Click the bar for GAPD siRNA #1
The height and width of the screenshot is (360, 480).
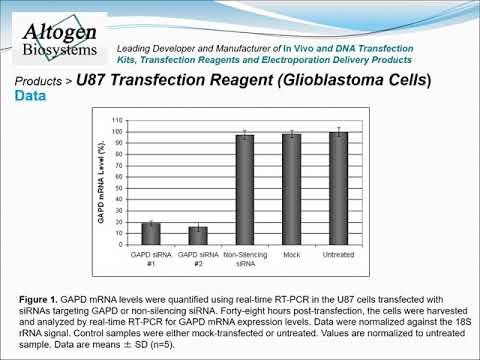pos(150,234)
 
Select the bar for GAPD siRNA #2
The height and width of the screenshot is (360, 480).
pos(197,236)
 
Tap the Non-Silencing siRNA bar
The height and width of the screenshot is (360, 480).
pos(244,190)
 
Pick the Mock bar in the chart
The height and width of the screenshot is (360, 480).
pos(291,189)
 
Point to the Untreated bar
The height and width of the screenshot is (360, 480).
pos(338,189)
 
